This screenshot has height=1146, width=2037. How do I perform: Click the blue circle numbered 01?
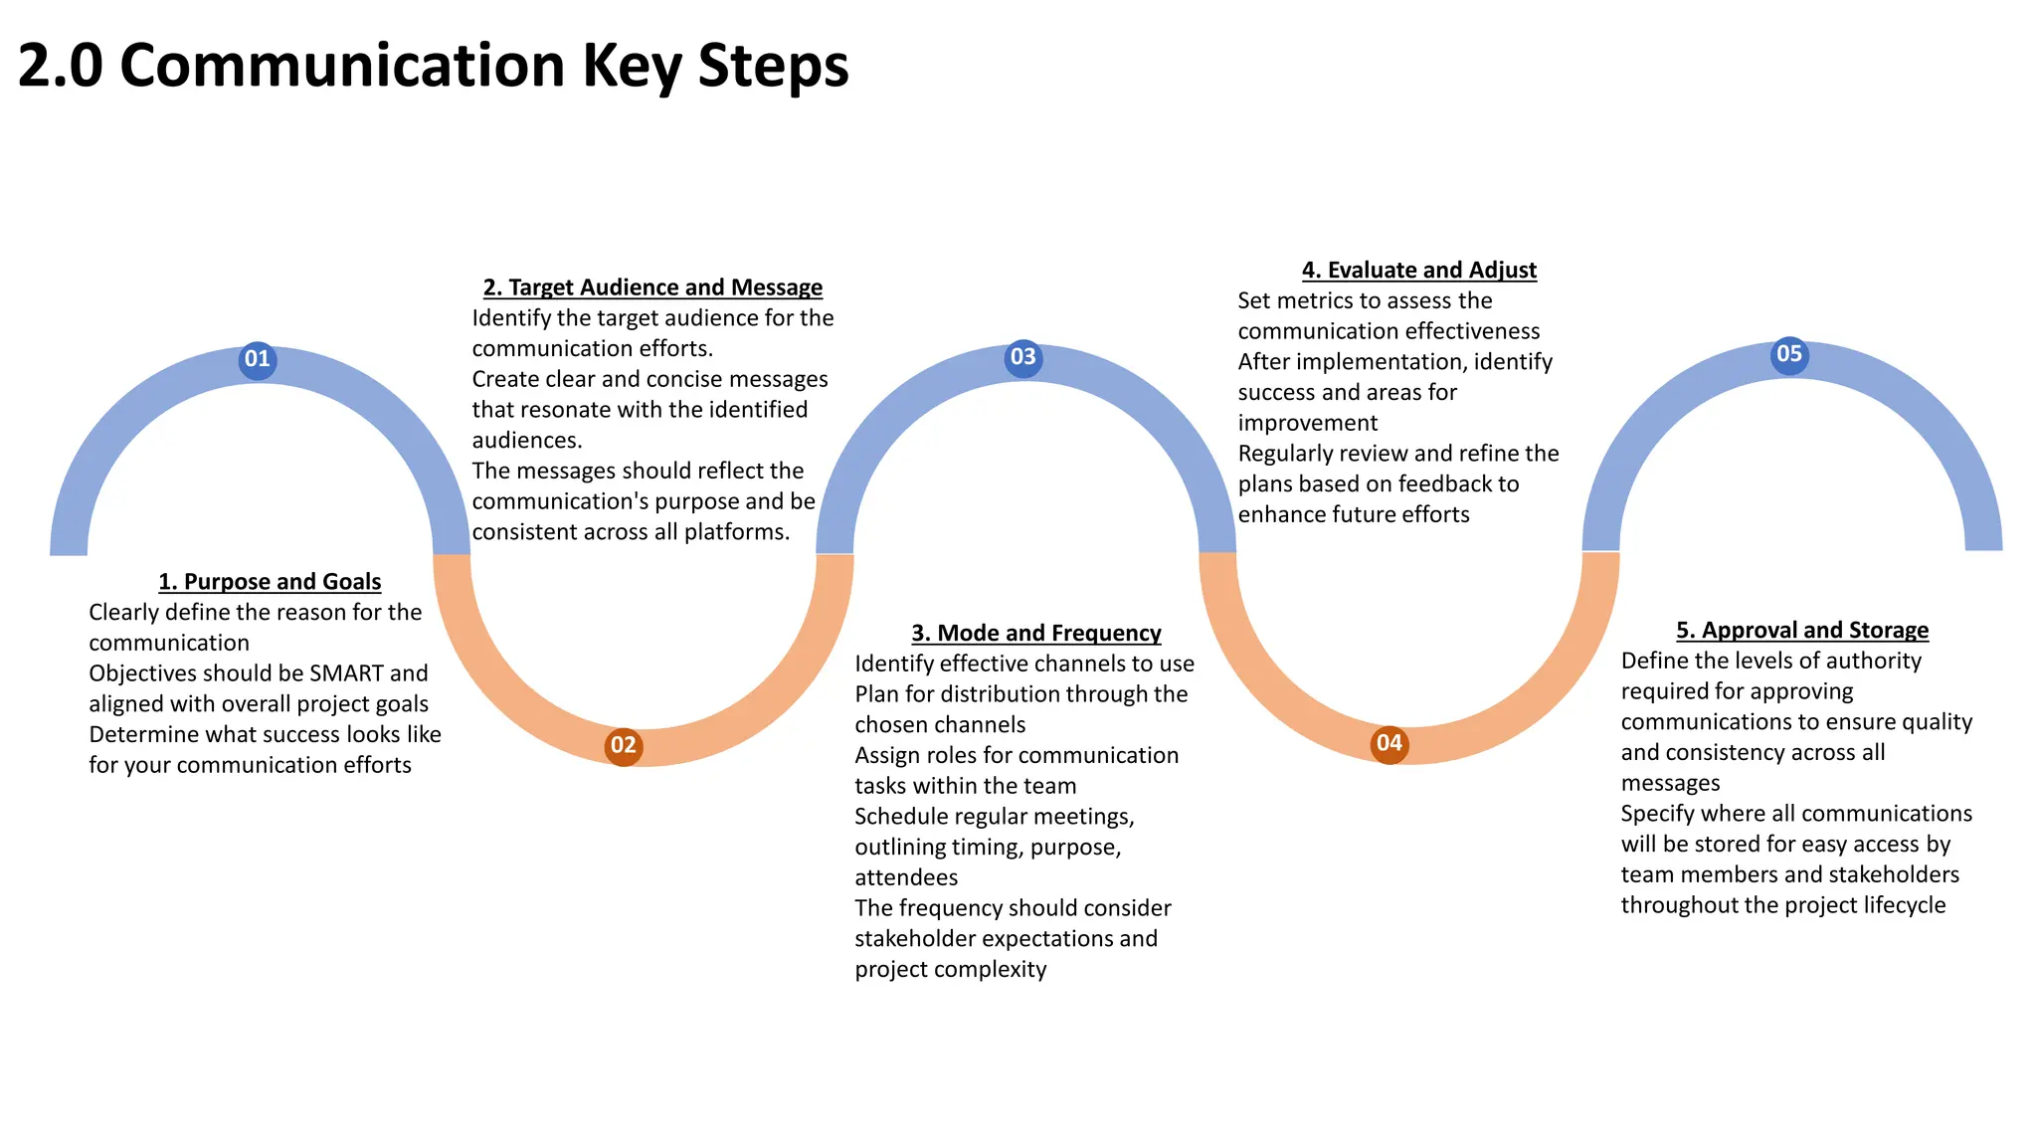[258, 359]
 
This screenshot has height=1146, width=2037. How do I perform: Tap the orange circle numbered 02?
[624, 746]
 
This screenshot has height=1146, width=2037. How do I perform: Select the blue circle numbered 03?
[1023, 357]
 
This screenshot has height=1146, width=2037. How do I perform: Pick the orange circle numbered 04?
[1389, 743]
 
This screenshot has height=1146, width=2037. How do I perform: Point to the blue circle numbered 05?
[1789, 354]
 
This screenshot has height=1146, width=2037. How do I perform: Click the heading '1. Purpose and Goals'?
[270, 582]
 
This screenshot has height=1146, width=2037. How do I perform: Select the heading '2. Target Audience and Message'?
[652, 287]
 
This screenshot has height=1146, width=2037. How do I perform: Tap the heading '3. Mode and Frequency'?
[1036, 634]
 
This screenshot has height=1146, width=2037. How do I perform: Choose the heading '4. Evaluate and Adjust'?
[1419, 271]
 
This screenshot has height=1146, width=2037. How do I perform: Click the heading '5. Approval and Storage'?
[1802, 631]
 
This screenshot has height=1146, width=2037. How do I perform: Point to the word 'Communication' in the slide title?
[344, 66]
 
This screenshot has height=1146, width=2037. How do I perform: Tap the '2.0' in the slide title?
[60, 66]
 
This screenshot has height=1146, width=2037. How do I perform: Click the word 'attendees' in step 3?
[906, 877]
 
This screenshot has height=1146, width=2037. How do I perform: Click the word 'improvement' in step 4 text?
[1308, 423]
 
